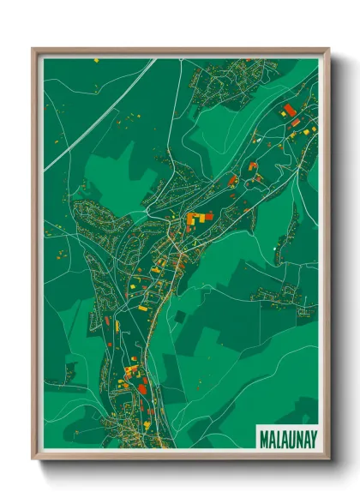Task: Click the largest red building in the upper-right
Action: pos(289,109)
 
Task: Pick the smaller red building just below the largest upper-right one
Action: pos(296,123)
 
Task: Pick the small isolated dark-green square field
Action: pos(179,316)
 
